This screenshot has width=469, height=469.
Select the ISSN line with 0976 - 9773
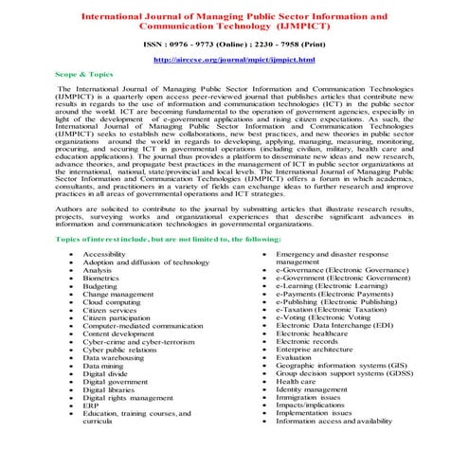click(233, 43)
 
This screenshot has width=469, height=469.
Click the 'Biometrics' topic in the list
click(101, 280)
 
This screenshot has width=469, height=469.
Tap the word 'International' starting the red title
click(116, 15)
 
